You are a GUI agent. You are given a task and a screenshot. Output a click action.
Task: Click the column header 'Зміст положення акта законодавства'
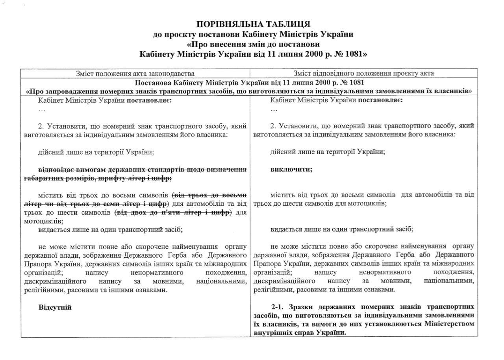[x=135, y=74]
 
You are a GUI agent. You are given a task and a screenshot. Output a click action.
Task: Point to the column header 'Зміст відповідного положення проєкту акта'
[x=363, y=74]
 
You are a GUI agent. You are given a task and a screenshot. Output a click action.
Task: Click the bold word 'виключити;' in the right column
[x=291, y=170]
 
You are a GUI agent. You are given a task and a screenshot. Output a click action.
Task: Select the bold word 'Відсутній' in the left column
[x=55, y=307]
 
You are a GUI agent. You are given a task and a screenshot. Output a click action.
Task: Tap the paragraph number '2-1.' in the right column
[x=280, y=306]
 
